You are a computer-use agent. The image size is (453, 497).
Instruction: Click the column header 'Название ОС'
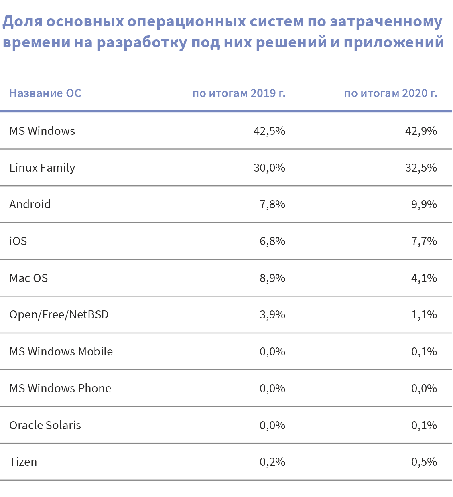click(x=45, y=93)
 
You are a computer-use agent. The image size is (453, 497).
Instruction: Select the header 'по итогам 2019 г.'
click(x=239, y=93)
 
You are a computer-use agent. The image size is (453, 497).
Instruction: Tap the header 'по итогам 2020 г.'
click(x=390, y=93)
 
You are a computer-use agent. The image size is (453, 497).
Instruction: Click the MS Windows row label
click(x=42, y=131)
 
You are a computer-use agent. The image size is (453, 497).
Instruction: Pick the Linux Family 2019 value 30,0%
click(x=269, y=168)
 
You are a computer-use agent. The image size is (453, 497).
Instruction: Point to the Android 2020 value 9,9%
click(x=424, y=205)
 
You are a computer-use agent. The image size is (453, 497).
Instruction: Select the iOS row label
click(x=18, y=241)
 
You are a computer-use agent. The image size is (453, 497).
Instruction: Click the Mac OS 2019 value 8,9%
click(x=272, y=278)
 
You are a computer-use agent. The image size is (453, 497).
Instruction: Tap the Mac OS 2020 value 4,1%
click(x=424, y=278)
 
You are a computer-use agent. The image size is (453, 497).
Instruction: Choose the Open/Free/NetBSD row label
click(x=59, y=315)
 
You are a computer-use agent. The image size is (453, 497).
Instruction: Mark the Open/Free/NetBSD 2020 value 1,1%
click(x=424, y=315)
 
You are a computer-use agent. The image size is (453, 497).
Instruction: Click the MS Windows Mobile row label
click(x=61, y=352)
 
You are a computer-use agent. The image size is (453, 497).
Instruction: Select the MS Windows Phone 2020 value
click(x=424, y=389)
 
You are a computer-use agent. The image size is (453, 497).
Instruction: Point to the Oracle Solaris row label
click(x=45, y=426)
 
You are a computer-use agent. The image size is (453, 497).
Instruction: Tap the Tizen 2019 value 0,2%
click(x=272, y=462)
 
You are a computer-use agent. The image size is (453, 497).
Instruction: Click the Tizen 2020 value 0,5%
click(x=424, y=462)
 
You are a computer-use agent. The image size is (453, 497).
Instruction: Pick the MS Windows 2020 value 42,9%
click(x=421, y=131)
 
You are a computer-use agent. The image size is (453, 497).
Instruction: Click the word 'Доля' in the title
click(x=22, y=22)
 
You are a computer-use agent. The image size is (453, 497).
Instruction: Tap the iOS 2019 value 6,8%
click(x=272, y=241)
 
